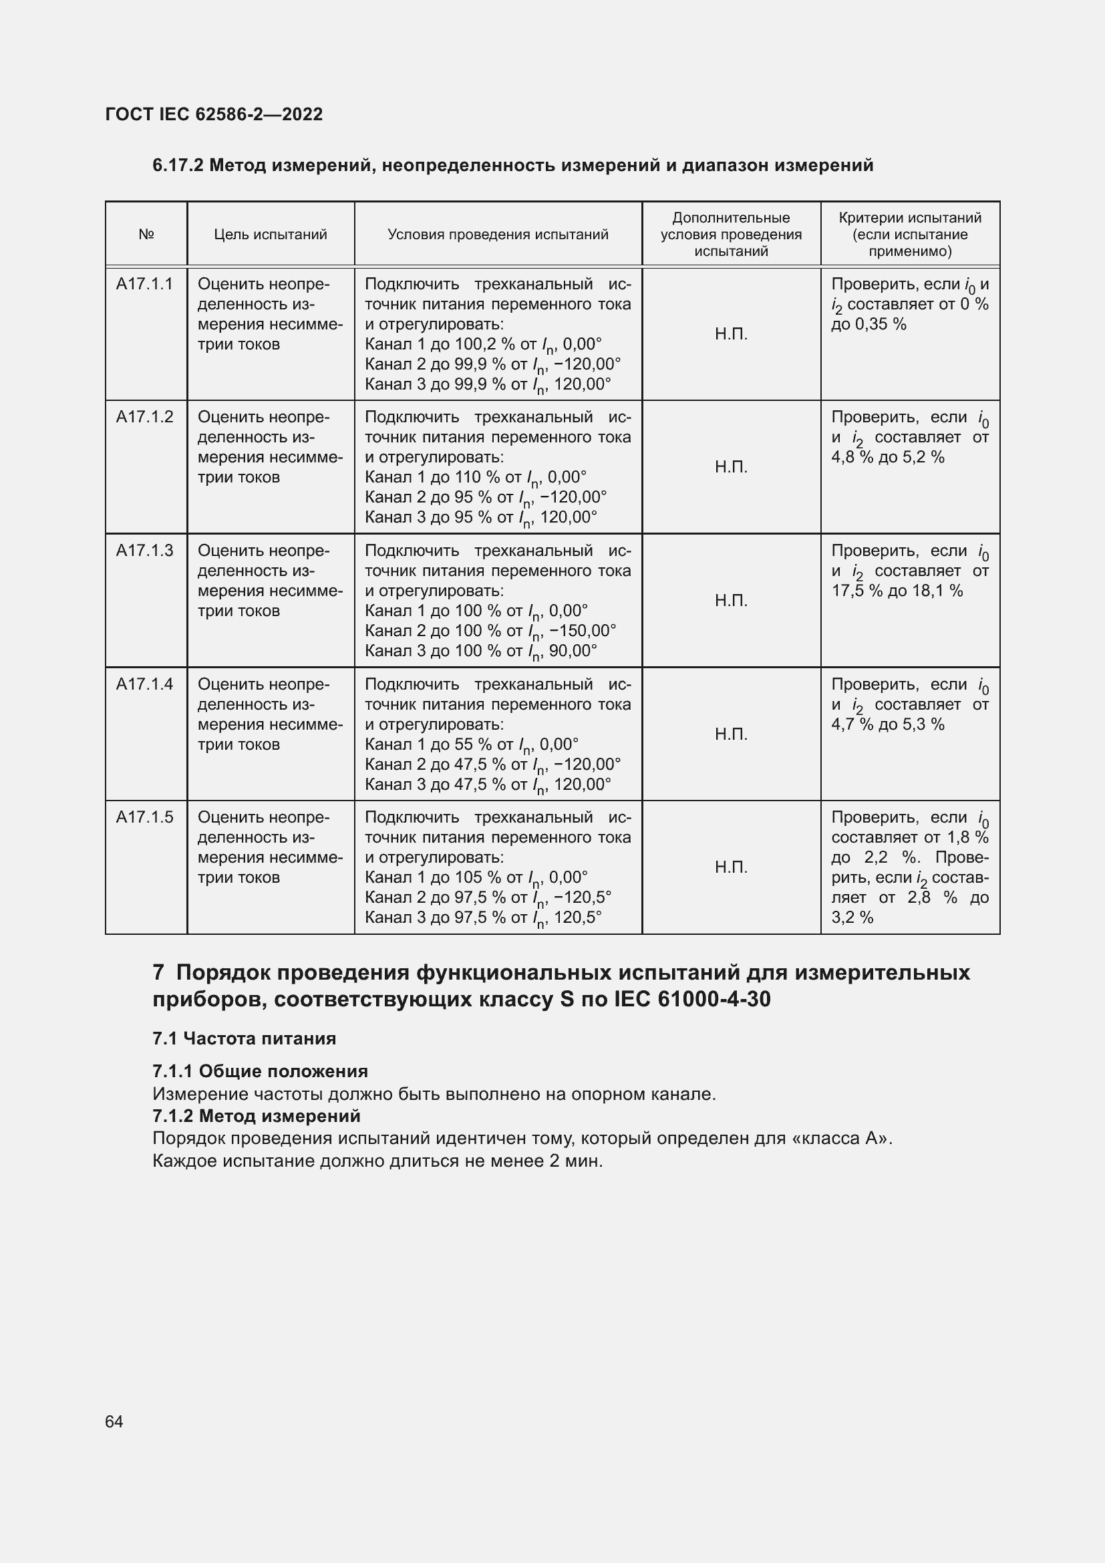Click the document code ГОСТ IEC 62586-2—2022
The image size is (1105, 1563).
pos(214,114)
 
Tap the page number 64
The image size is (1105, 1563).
pos(114,1421)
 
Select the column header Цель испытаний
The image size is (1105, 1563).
pos(270,235)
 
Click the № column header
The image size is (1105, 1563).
pos(146,235)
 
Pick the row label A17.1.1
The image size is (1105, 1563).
pos(144,284)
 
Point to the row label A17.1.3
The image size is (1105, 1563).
pos(144,551)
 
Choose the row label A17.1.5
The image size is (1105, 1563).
pos(144,817)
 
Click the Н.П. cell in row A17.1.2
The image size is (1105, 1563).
pos(731,467)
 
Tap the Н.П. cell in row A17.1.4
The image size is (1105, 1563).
pos(731,734)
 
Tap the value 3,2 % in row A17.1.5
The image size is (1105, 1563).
pos(852,917)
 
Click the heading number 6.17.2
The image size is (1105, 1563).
pos(178,166)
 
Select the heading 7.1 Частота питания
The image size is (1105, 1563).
pos(245,1038)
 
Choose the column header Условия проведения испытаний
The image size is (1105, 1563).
pos(498,235)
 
